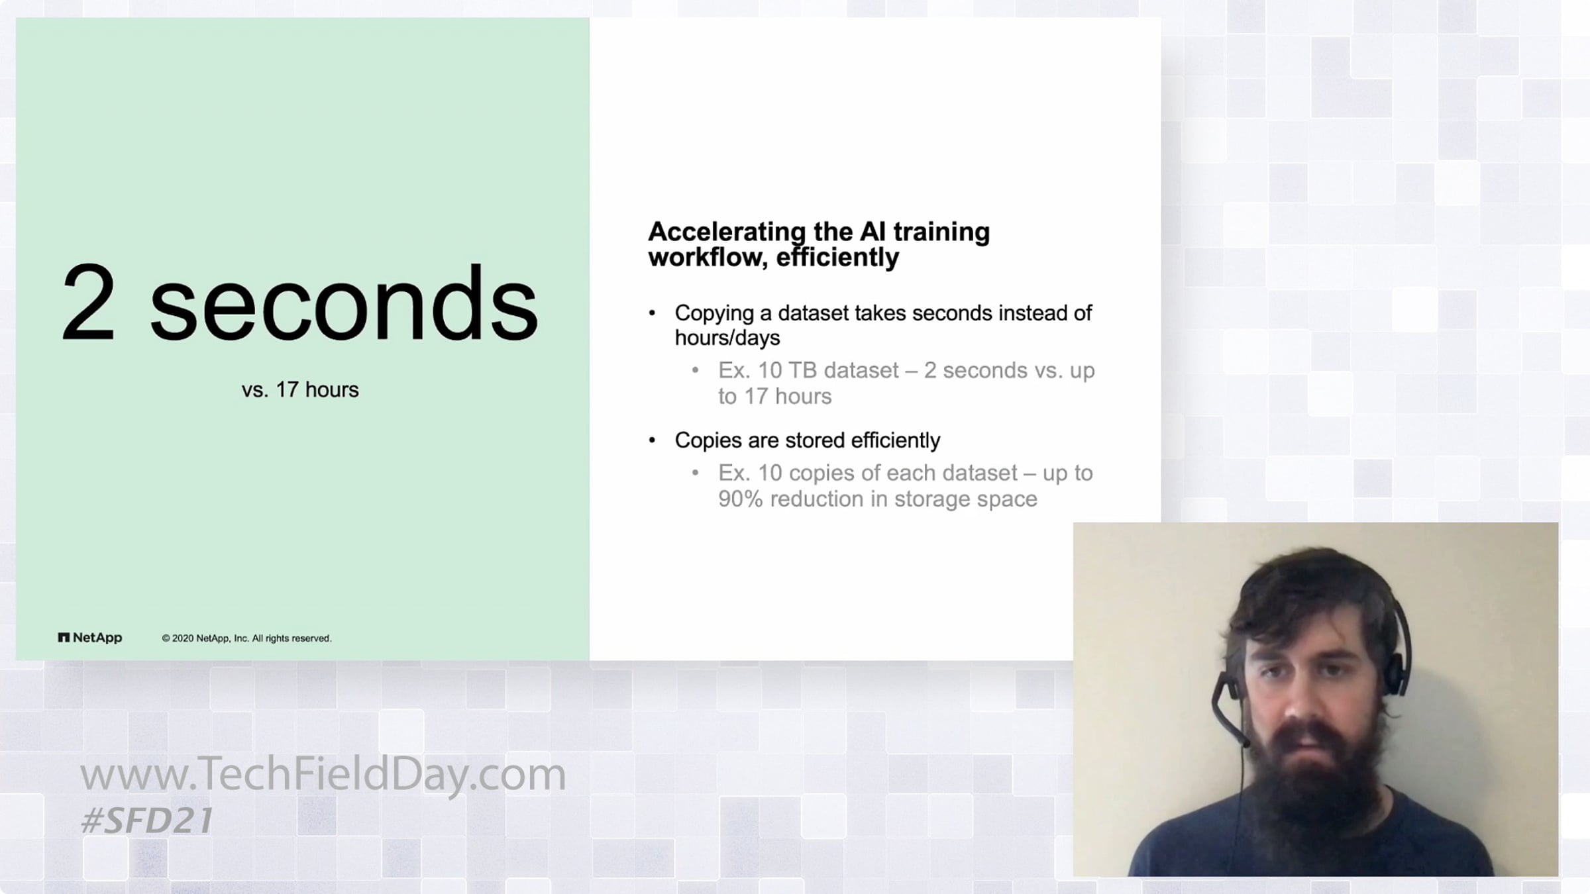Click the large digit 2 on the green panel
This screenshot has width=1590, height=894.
click(x=88, y=301)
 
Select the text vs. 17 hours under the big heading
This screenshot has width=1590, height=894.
click(x=300, y=389)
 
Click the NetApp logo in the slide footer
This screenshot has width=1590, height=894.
click(x=90, y=638)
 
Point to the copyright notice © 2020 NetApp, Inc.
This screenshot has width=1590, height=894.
click(x=246, y=638)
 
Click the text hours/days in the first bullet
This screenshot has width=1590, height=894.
click(x=727, y=338)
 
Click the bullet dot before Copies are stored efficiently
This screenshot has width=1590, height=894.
click(x=653, y=440)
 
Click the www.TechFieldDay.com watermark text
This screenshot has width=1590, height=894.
click(x=323, y=773)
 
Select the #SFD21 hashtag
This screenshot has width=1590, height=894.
click(x=146, y=821)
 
